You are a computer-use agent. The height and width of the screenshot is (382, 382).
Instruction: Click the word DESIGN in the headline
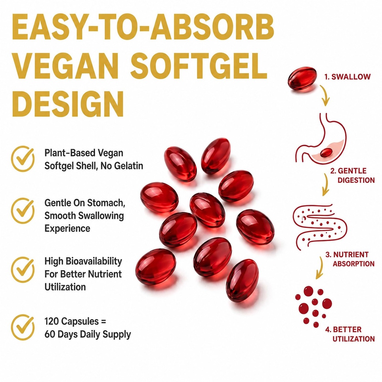click(x=68, y=104)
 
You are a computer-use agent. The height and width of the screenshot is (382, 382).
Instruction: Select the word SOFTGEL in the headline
click(x=199, y=66)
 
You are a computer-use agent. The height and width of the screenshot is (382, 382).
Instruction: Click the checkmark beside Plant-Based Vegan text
click(x=23, y=159)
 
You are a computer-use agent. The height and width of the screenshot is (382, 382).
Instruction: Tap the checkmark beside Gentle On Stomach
click(x=23, y=210)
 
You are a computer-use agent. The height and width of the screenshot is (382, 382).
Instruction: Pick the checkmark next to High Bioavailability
click(x=23, y=269)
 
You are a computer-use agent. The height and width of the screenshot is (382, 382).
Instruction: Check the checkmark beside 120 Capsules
click(x=23, y=327)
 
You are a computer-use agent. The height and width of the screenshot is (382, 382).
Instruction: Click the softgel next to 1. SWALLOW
click(x=302, y=78)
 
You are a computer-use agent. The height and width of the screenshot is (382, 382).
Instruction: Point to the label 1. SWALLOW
click(x=347, y=77)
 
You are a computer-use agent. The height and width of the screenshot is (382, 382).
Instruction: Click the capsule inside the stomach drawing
click(x=326, y=153)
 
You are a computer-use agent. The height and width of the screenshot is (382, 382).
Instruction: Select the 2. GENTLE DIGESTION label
click(x=352, y=175)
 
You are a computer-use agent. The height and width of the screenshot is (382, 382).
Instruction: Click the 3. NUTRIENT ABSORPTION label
click(x=350, y=259)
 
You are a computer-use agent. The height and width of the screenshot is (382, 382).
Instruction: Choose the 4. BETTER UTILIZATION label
click(x=350, y=334)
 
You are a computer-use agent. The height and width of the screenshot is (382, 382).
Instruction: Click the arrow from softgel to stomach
click(x=325, y=95)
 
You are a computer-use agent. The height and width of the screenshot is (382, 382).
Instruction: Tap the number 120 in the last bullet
click(x=51, y=321)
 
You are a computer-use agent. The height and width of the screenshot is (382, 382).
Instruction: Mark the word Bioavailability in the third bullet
click(x=94, y=261)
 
